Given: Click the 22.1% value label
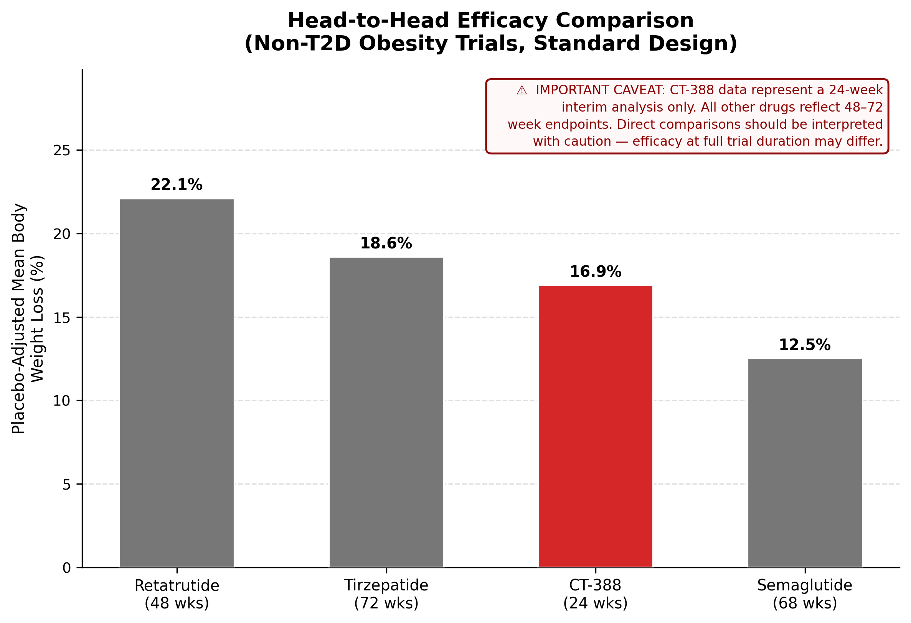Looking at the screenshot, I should click(x=177, y=185).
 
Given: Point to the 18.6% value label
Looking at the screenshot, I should click(x=386, y=243).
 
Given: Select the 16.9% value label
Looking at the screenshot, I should click(x=595, y=272).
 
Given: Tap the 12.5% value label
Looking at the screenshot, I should click(x=805, y=345).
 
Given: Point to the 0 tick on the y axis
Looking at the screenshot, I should click(x=67, y=568).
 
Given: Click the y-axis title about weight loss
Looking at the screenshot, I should click(x=28, y=318).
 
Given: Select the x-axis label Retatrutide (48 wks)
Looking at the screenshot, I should click(x=177, y=594).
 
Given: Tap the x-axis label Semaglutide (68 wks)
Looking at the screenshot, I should click(x=805, y=594).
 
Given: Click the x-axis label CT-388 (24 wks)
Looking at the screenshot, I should click(x=595, y=594).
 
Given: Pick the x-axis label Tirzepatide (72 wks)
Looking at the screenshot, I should click(x=386, y=594).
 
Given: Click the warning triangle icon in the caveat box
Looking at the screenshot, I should click(x=522, y=90).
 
